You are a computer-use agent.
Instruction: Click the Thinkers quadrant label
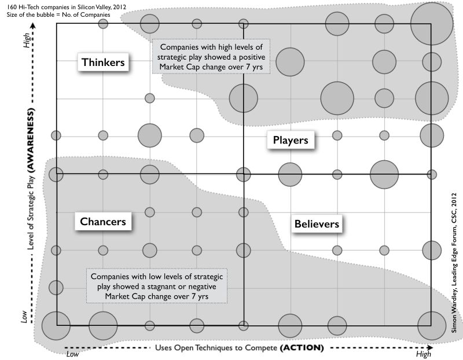click(x=103, y=63)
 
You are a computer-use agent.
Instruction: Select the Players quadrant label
click(x=290, y=140)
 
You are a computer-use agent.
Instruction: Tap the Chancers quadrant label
click(x=103, y=221)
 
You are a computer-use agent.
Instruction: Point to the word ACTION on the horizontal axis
click(x=301, y=348)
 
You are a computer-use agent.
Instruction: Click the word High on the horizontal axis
click(x=424, y=353)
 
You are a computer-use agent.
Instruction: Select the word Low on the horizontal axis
click(x=72, y=353)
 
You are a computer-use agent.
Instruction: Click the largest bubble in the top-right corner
click(x=431, y=24)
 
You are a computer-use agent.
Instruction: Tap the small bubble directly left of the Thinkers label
click(x=56, y=135)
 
